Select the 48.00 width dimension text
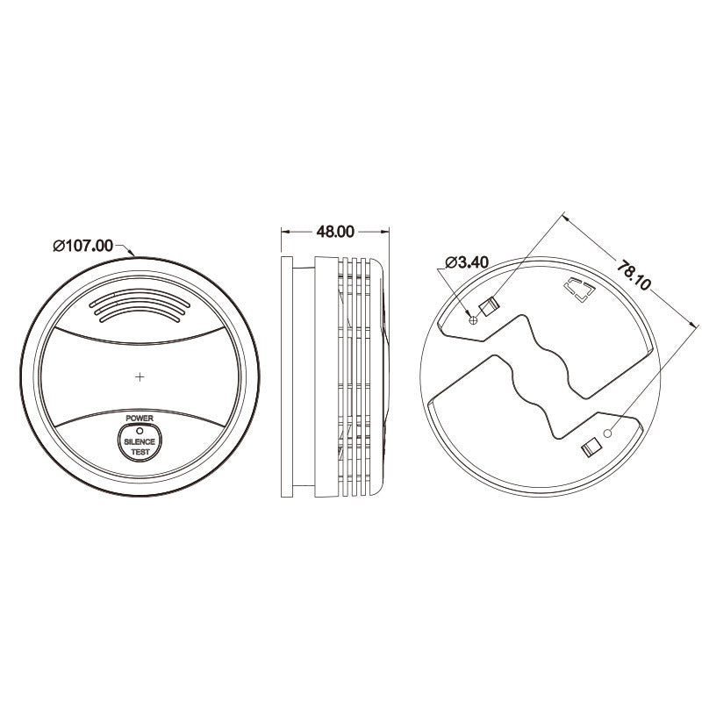tap(334, 232)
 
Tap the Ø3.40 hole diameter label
tap(467, 262)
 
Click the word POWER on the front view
tap(140, 419)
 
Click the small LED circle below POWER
tap(140, 430)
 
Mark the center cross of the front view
tap(140, 376)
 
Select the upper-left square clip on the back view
tap(489, 306)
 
